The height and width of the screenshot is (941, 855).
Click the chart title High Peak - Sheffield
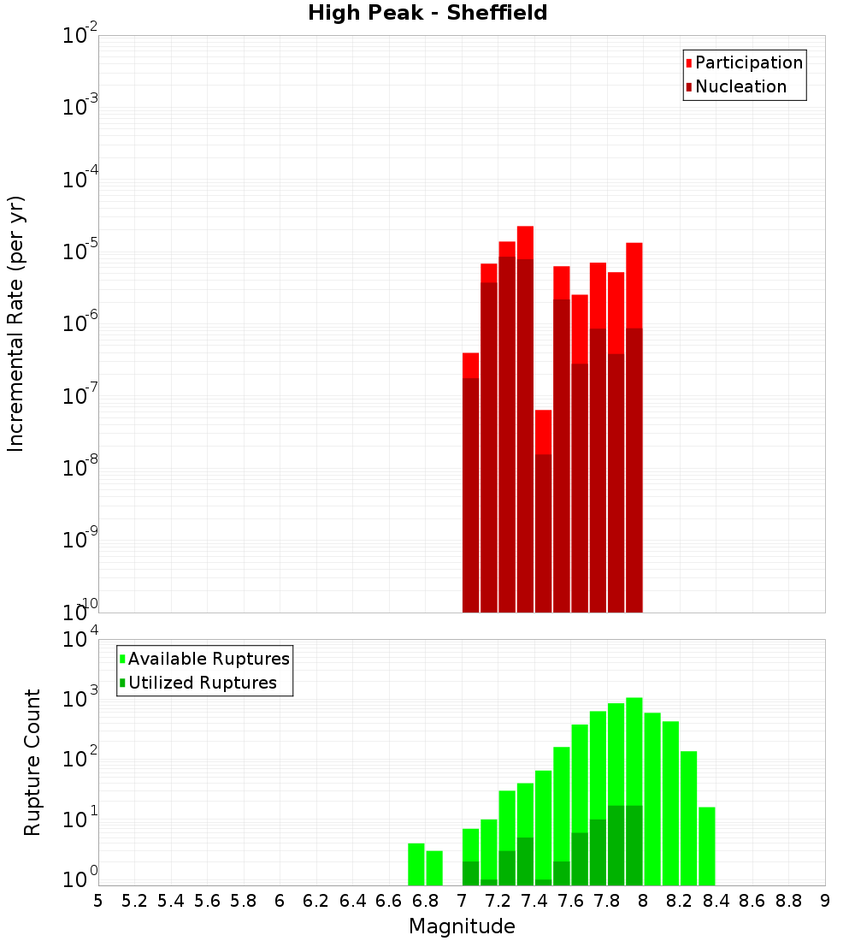(x=427, y=13)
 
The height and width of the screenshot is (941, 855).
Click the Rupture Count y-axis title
(x=32, y=762)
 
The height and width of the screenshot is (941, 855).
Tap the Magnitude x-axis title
(x=462, y=926)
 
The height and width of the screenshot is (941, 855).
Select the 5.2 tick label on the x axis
(x=134, y=901)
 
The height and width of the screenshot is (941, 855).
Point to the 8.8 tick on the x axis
(x=788, y=901)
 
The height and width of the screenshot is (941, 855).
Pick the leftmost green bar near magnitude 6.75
(x=416, y=864)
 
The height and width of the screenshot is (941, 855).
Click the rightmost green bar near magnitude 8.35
(x=706, y=846)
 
